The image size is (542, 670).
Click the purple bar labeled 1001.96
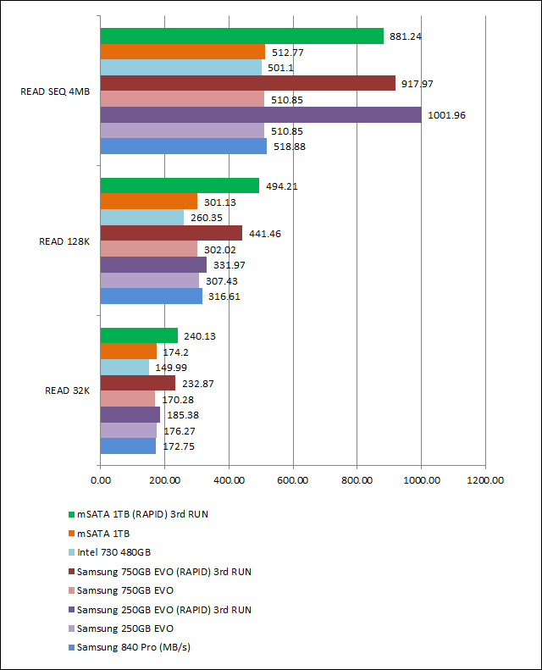[x=261, y=114]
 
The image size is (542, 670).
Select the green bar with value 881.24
[x=241, y=36]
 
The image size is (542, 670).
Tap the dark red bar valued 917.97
[x=247, y=83]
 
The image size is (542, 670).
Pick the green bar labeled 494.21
[x=180, y=185]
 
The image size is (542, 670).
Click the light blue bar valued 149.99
[x=124, y=367]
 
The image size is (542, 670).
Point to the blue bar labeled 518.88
[x=183, y=146]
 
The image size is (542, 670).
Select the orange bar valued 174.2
[x=128, y=351]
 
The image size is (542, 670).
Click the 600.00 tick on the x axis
[x=293, y=480]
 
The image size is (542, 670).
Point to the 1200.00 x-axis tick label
[x=485, y=480]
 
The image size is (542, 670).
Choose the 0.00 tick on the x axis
[x=100, y=480]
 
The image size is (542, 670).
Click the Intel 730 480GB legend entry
[x=119, y=552]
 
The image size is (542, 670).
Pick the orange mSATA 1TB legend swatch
[x=70, y=534]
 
